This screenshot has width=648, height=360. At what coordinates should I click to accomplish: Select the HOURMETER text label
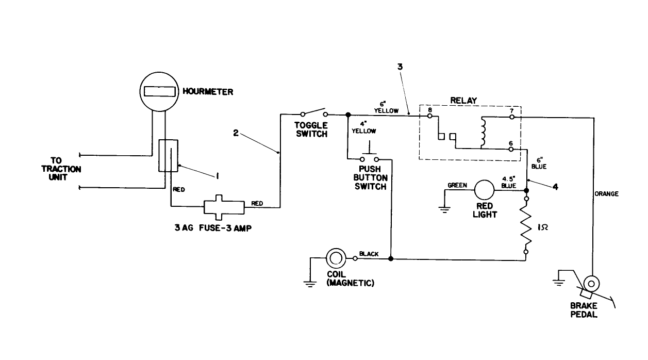tap(207, 92)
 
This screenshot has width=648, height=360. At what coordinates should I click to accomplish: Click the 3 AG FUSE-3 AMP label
tap(212, 228)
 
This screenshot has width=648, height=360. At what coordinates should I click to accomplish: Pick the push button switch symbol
tap(369, 157)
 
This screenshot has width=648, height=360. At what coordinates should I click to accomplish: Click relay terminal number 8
tap(429, 109)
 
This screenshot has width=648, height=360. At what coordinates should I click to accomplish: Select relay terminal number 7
tap(510, 110)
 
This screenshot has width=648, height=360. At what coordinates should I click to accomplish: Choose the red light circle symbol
tap(484, 190)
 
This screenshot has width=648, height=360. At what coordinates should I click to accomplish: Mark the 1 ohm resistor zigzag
tap(526, 227)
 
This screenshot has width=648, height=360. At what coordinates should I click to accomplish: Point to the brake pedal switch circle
tap(591, 283)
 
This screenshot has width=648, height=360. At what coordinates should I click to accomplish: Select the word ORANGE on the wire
tap(606, 194)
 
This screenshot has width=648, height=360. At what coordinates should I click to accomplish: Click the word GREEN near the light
tap(457, 185)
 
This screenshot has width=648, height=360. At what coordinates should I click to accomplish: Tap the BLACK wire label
tap(369, 254)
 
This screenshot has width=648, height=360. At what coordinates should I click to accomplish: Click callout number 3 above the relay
tap(400, 67)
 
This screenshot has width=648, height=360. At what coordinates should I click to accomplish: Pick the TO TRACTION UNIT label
tap(65, 169)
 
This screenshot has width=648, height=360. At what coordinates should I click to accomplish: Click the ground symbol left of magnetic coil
tap(309, 283)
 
